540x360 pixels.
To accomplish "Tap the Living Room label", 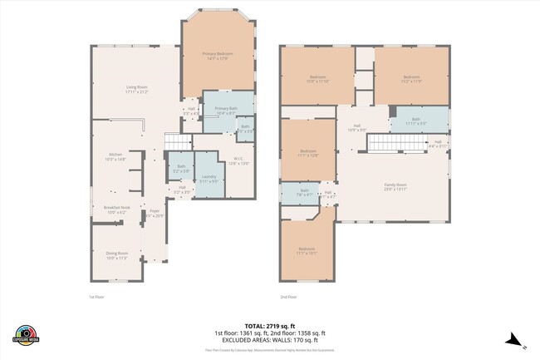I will (x=137, y=89).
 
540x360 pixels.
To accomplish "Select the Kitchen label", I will (x=116, y=156).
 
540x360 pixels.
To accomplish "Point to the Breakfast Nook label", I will (x=115, y=210).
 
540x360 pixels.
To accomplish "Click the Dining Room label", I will (x=116, y=255).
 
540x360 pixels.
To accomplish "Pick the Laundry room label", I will (x=209, y=178).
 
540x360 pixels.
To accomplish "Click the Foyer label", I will (x=155, y=214).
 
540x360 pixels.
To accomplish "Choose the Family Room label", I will (x=395, y=187).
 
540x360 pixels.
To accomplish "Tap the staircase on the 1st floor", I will (x=179, y=142).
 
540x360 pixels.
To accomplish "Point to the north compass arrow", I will (x=514, y=338).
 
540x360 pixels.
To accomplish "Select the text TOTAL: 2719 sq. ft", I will (x=269, y=325).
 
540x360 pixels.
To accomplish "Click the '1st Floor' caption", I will (x=97, y=297).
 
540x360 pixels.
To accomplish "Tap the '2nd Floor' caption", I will (x=289, y=297).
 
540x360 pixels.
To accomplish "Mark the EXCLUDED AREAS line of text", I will (x=269, y=339).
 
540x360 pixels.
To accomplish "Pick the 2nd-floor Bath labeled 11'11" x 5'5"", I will (x=416, y=121).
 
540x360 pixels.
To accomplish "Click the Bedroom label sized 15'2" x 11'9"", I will (x=412, y=80).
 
